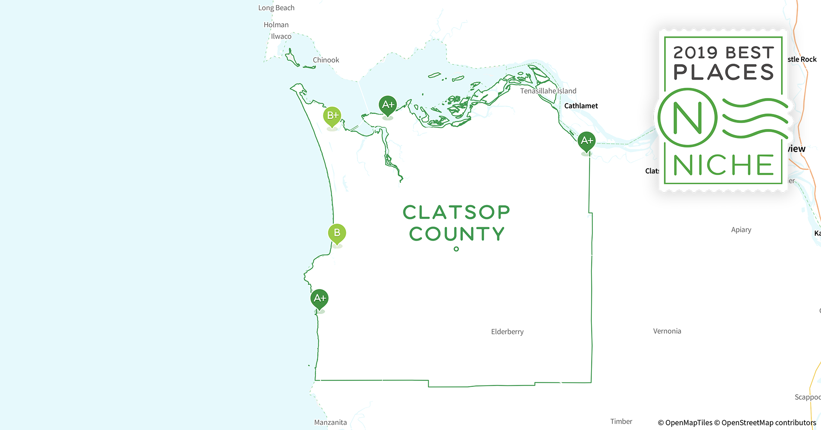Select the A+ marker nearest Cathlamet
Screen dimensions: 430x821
tap(587, 141)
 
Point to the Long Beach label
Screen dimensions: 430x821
tap(276, 8)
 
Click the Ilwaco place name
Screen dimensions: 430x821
tap(281, 37)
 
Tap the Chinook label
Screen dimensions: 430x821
tap(326, 60)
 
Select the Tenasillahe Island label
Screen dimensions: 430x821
tap(548, 91)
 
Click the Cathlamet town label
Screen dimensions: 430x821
tap(581, 106)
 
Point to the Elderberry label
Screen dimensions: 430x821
tap(507, 332)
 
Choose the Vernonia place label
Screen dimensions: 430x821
tap(667, 331)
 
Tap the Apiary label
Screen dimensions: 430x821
tap(741, 230)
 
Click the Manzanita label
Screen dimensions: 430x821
tap(330, 422)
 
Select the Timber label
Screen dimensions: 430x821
tap(621, 421)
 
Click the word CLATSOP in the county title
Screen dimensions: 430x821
tap(456, 212)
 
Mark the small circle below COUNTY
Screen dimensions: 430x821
tap(456, 249)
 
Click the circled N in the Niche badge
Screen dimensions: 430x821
tap(687, 118)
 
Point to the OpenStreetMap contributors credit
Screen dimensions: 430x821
tap(769, 423)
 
